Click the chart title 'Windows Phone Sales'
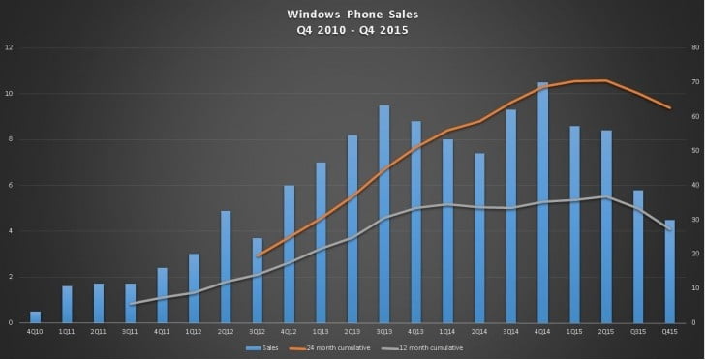coord(352,15)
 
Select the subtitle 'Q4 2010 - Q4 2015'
coord(352,29)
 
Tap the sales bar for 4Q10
coord(36,316)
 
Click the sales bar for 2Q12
coord(227,266)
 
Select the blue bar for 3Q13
coord(384,214)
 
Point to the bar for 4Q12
coord(290,254)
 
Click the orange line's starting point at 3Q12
coord(259,255)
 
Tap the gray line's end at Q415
coord(669,229)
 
